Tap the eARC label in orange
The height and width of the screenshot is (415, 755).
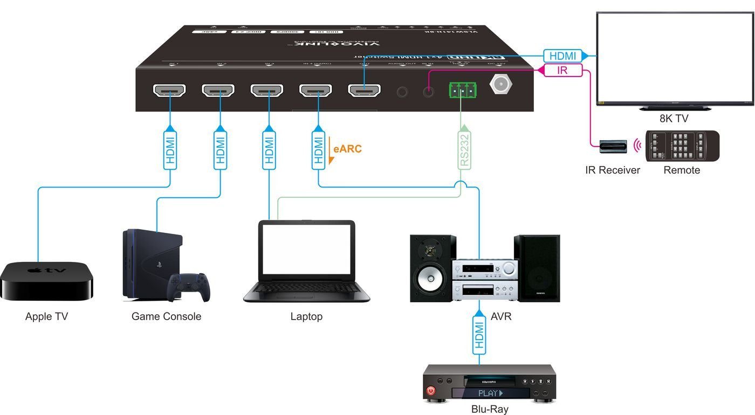tap(347, 149)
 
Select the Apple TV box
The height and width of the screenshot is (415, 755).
tap(46, 280)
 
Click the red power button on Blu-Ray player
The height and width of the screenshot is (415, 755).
tap(431, 390)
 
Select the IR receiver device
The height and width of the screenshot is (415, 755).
tap(614, 146)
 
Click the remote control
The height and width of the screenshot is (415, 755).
tap(682, 146)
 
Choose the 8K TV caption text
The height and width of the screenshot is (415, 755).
tap(674, 119)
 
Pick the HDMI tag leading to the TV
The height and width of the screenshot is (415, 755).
tap(562, 56)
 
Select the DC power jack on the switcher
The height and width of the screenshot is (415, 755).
tap(500, 84)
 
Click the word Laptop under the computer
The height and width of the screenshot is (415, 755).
tap(306, 316)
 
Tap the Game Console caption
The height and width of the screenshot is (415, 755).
tap(166, 316)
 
